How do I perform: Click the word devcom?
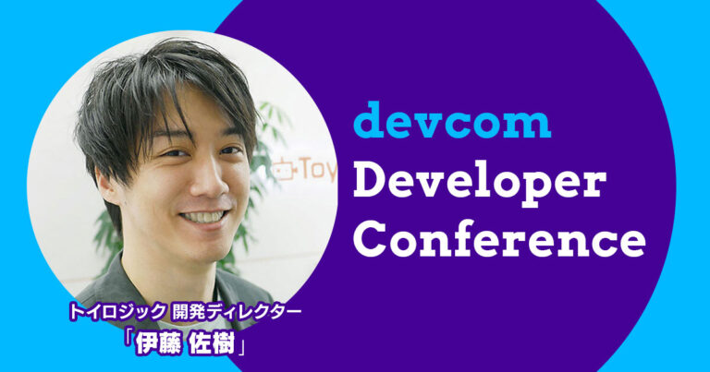tap(452, 120)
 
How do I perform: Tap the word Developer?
tap(480, 183)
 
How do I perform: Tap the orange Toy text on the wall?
tap(317, 170)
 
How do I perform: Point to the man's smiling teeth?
tap(204, 217)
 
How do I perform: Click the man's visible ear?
tap(106, 185)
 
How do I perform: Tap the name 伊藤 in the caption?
tap(156, 344)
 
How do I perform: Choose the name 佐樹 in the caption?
tap(212, 344)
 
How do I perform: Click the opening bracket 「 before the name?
tap(128, 342)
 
